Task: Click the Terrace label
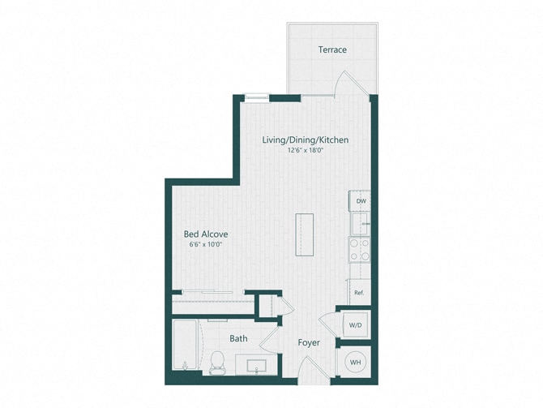pyautogui.click(x=332, y=50)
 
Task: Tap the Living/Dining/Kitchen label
pyautogui.click(x=305, y=140)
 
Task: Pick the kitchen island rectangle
pyautogui.click(x=305, y=235)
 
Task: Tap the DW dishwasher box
pyautogui.click(x=361, y=201)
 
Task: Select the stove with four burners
pyautogui.click(x=360, y=249)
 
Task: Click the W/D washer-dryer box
pyautogui.click(x=355, y=325)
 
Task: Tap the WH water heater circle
pyautogui.click(x=355, y=363)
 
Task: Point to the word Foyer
pyautogui.click(x=309, y=343)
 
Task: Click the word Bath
pyautogui.click(x=238, y=339)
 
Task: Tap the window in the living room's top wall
pyautogui.click(x=257, y=98)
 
